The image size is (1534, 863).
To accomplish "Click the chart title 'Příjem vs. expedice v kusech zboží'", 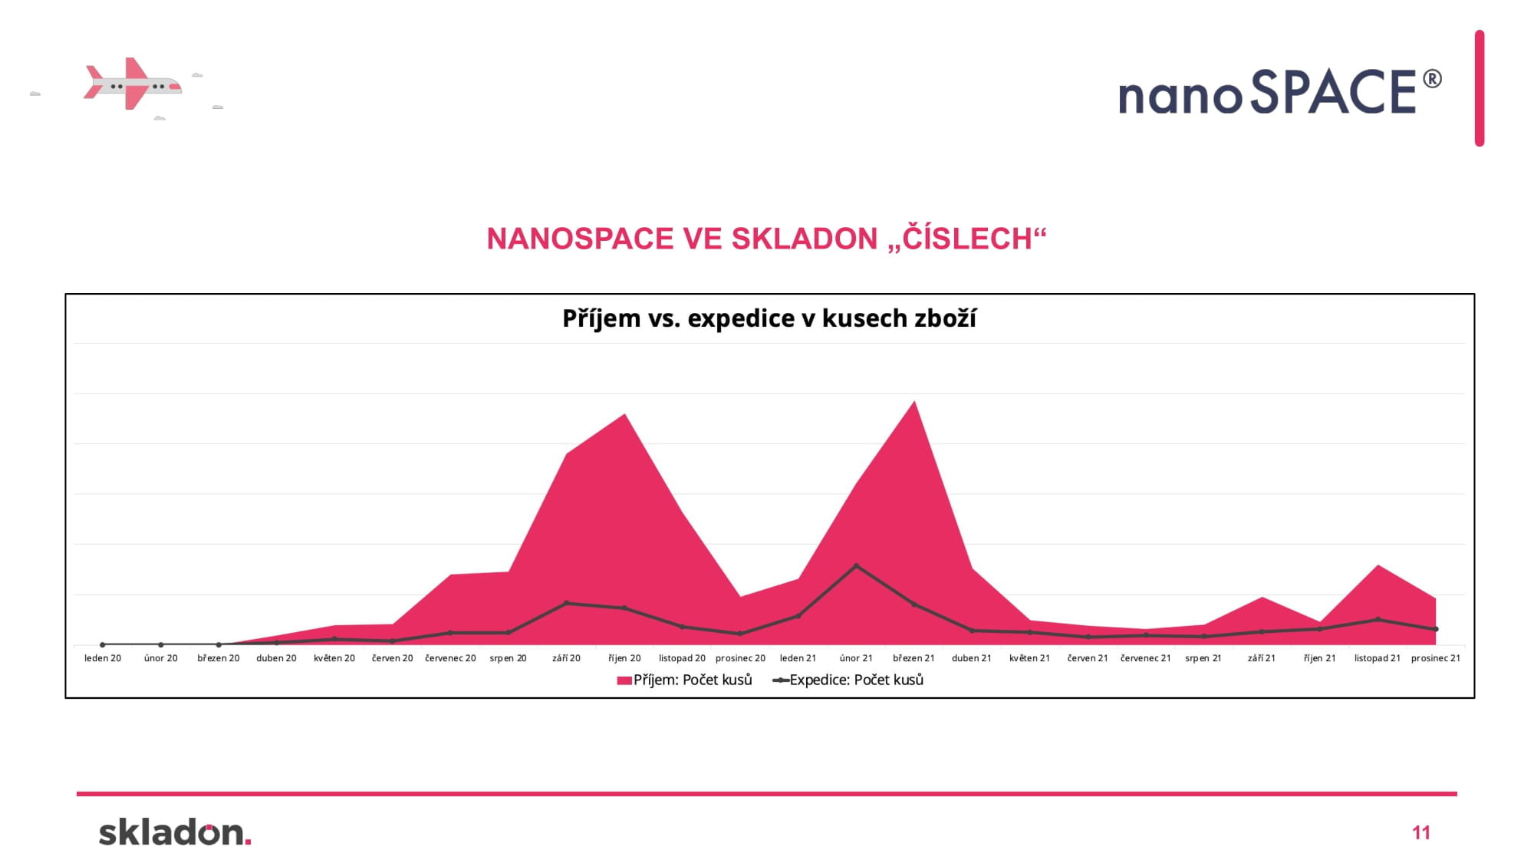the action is pos(769,318).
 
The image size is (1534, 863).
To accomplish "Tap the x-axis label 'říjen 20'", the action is pos(624,658).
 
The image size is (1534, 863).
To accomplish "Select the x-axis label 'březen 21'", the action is pos(913,658).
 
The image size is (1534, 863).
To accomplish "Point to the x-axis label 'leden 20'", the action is pos(103,658).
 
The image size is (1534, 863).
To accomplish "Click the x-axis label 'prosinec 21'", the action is pos(1436,658).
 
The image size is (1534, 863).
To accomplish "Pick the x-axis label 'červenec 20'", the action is pos(450,658).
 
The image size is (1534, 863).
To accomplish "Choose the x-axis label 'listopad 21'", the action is pos(1378,658).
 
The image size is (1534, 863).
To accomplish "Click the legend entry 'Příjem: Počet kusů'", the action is pos(685,680).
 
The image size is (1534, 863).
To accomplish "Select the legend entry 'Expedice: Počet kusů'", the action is pos(848,680).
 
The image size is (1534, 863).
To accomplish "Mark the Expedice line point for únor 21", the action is pos(856,566).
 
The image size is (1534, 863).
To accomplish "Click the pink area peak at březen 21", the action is pos(914,401).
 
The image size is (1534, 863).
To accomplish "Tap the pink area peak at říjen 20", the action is pos(625,414).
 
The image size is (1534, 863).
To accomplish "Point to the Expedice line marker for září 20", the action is pos(566,603).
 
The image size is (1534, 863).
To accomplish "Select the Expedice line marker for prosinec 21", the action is pos(1436,629).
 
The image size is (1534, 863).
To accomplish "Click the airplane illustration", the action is pos(132,84).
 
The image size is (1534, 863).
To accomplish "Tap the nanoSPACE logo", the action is pos(1280,92).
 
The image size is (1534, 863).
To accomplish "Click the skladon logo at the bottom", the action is pos(175,832).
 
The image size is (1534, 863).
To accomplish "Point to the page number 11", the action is pos(1421,833).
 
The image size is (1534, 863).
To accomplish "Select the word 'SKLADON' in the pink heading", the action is pos(804,239).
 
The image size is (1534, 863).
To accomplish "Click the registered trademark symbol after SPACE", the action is pos(1432,79).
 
